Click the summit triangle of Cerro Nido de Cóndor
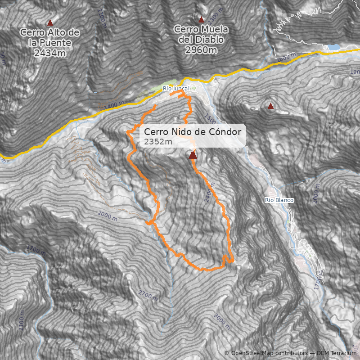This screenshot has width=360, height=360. (x=193, y=155)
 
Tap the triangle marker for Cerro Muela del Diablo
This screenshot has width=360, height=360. (x=201, y=20)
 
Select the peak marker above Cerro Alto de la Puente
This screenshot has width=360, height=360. (x=50, y=23)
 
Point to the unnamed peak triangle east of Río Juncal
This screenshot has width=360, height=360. (x=270, y=106)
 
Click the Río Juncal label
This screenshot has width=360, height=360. (x=176, y=89)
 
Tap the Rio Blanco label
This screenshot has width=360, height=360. (x=279, y=200)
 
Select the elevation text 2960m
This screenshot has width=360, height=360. (x=201, y=49)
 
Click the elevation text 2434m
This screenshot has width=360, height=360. (x=50, y=53)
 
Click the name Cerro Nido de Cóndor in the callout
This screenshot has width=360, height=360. (x=193, y=132)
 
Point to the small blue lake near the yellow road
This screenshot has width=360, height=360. (x=333, y=47)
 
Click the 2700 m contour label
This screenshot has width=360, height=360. (x=148, y=296)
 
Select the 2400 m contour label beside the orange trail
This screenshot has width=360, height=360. (x=207, y=192)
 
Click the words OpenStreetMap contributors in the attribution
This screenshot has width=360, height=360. (x=269, y=353)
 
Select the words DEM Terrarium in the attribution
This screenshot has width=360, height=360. (x=337, y=353)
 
